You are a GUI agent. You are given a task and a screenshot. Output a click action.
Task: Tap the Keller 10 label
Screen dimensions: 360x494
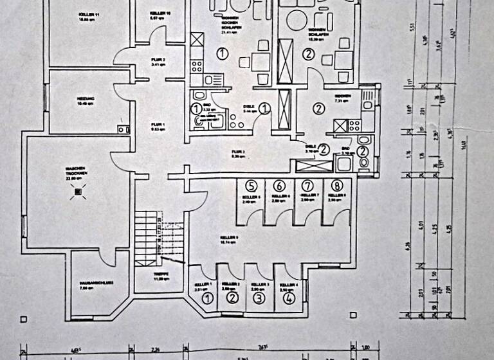click(160, 15)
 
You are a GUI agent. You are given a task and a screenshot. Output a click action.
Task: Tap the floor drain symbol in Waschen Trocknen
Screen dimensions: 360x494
click(79, 192)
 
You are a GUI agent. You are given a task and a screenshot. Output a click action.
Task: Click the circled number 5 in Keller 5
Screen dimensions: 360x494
click(251, 186)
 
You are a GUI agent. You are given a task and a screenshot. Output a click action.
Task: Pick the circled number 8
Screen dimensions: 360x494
click(336, 186)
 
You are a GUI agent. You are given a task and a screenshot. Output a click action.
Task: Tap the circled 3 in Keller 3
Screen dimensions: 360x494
click(258, 298)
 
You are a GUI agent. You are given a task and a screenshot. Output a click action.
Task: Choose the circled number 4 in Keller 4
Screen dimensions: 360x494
click(289, 298)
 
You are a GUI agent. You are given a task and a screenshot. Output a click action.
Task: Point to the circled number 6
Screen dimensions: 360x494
click(279, 186)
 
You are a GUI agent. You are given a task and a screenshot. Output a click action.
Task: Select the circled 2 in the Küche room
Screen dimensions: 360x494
click(318, 108)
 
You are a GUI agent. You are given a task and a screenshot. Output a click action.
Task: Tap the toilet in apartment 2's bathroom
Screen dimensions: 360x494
click(364, 161)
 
